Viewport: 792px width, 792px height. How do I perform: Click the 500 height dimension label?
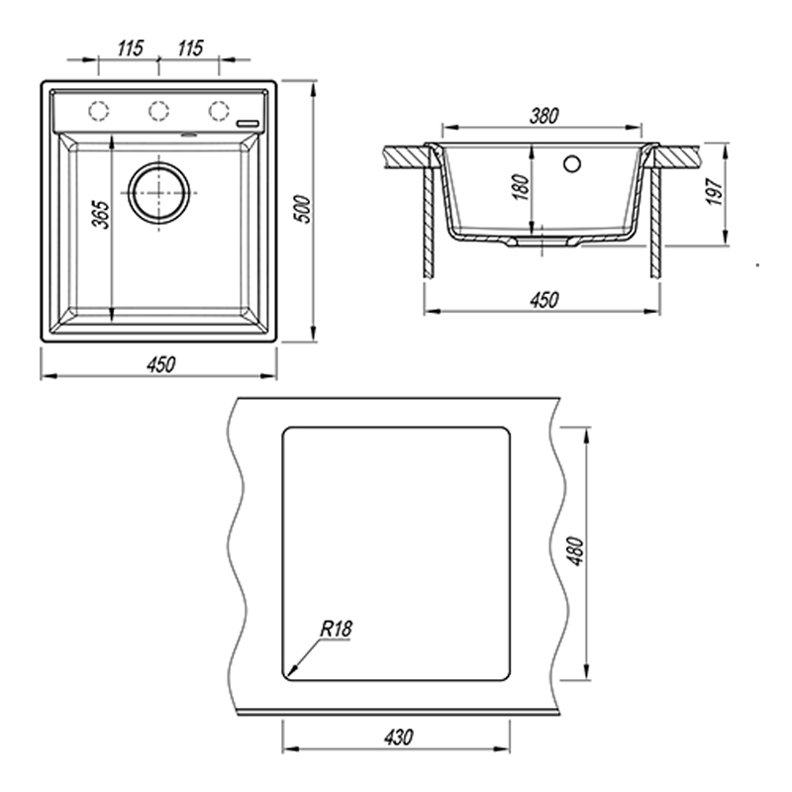(x=303, y=209)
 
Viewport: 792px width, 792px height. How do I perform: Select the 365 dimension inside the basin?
(x=101, y=215)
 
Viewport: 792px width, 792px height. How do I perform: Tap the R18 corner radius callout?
(x=336, y=629)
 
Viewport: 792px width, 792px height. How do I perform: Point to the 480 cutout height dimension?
(x=576, y=551)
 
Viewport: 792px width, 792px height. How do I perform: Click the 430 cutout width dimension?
(x=399, y=738)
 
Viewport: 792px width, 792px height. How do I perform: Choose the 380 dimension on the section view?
(x=544, y=116)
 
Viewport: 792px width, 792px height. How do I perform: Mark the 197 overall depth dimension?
(x=714, y=191)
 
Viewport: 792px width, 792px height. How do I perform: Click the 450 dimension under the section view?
(x=544, y=300)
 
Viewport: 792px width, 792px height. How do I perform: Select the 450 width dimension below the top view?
(x=161, y=364)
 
